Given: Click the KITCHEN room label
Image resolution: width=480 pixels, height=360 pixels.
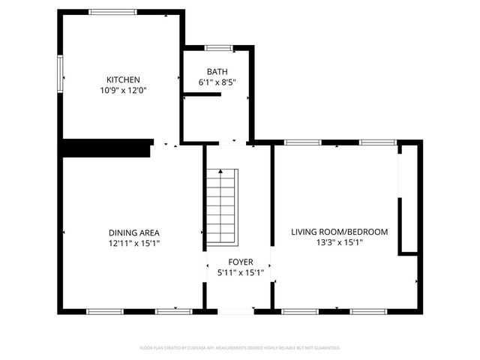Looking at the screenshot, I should pos(123,79).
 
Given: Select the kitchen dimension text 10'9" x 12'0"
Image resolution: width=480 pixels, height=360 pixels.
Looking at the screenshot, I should pos(123,90).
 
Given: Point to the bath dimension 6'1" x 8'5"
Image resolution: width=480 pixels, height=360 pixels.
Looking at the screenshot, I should pos(217,82).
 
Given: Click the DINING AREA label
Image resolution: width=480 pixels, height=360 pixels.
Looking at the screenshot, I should pos(133,232).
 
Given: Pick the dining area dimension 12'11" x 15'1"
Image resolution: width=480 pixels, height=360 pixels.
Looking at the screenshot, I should pos(133,243).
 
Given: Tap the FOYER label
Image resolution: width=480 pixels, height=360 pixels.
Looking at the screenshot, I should pos(240,262).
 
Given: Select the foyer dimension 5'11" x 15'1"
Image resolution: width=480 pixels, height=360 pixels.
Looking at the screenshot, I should pos(240,272).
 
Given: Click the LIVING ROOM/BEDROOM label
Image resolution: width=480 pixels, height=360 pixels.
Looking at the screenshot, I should pos(339,232).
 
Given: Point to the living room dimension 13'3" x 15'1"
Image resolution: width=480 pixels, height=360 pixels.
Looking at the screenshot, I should pos(339,243).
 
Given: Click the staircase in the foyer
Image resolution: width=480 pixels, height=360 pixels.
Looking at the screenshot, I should pos(222,206).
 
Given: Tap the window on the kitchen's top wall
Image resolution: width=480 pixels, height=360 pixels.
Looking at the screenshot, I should pos(113,12).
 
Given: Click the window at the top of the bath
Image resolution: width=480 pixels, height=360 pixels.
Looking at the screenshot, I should pos(218,48).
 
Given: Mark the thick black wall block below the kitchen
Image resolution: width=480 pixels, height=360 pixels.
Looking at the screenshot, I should pos(106,148).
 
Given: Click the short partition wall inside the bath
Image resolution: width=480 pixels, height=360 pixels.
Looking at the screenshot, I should pos(202,94).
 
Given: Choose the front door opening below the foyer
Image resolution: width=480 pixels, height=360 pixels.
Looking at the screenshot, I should pos(235,310).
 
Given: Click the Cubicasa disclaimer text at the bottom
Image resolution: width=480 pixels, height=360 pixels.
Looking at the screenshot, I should pos(240,348).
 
